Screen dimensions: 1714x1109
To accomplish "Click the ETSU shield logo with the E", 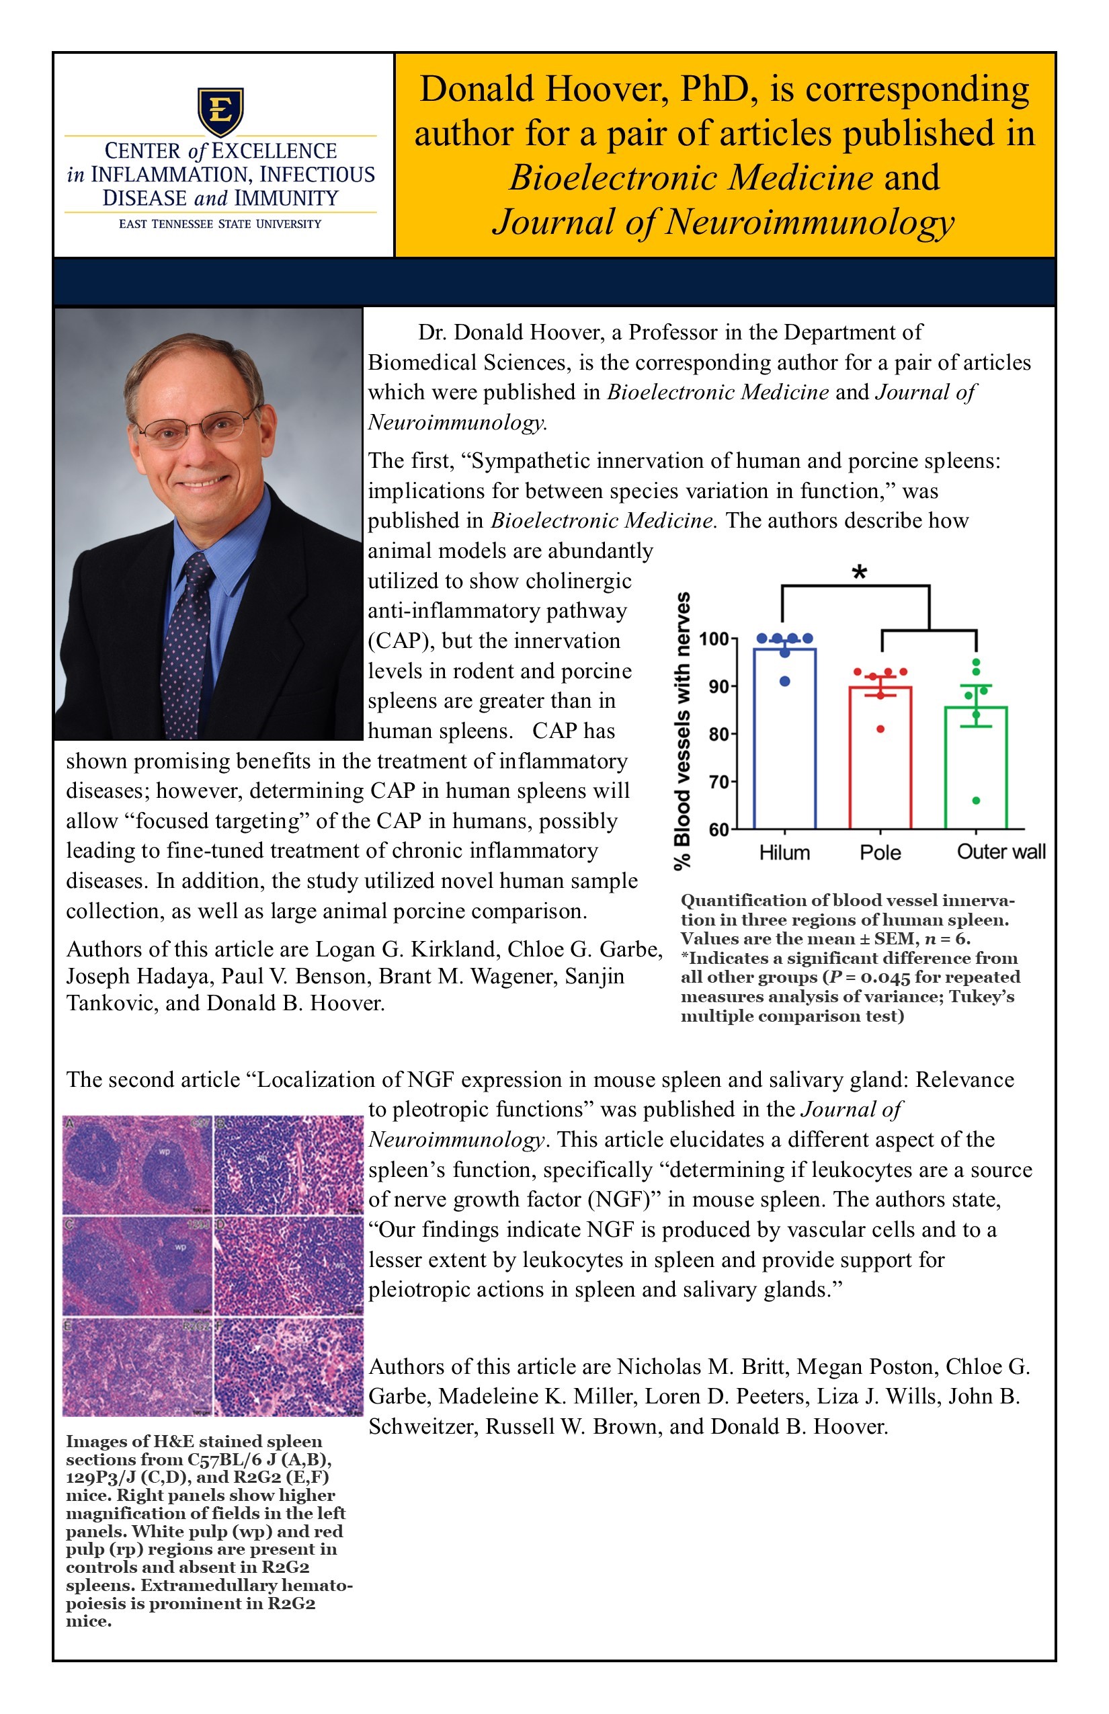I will point(220,112).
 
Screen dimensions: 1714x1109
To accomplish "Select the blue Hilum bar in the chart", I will point(784,742).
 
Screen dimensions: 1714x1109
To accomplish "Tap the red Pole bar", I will point(880,760).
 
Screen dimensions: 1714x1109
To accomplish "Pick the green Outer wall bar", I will point(976,770).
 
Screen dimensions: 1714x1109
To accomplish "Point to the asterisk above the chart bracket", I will point(859,573).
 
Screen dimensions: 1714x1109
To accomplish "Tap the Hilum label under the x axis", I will point(784,853).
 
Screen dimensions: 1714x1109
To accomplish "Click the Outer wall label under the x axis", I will point(1000,852).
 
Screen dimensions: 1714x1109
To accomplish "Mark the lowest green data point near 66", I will point(976,801).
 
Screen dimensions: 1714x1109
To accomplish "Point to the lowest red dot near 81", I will point(880,729).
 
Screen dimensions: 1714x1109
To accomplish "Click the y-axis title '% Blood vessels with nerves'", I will point(682,731).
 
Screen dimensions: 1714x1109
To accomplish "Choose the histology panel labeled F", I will point(289,1367).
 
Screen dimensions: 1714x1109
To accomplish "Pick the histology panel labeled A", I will point(137,1164).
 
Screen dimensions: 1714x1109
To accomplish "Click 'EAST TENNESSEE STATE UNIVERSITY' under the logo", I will point(220,224).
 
